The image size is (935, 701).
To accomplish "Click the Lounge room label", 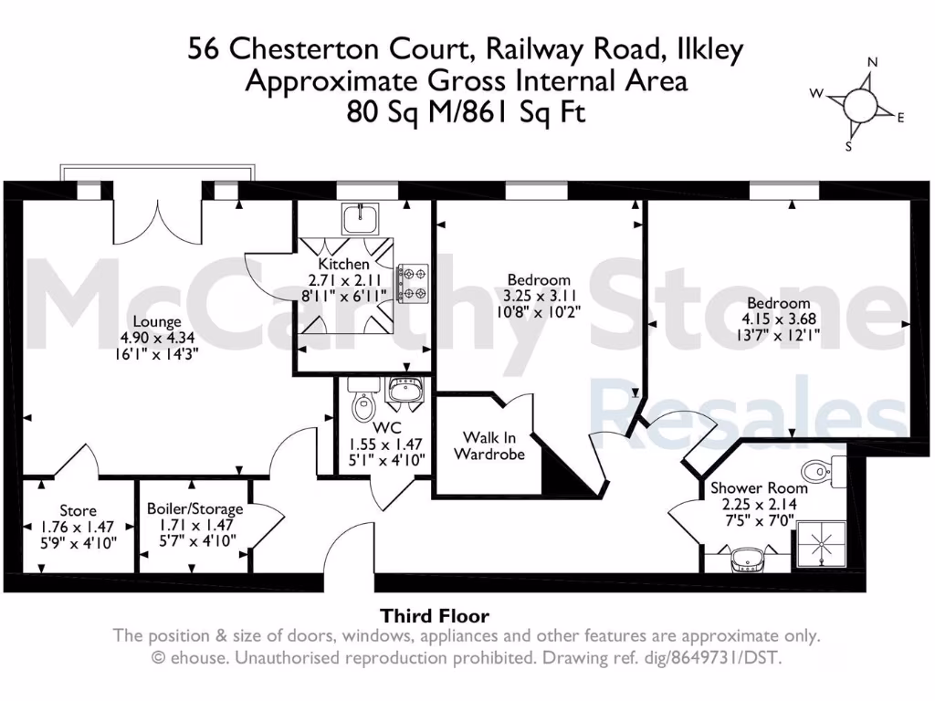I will click(x=157, y=322).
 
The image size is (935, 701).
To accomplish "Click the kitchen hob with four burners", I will click(x=413, y=282).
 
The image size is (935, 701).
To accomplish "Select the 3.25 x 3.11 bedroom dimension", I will click(x=539, y=296).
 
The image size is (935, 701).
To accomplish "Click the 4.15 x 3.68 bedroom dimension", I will click(x=779, y=319).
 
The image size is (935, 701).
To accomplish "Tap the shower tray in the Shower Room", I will click(x=825, y=548).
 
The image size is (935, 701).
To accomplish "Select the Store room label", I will click(x=78, y=510).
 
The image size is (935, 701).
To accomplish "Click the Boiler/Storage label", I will click(x=195, y=509).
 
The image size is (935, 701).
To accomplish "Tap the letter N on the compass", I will click(x=872, y=62).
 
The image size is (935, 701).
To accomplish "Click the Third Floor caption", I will click(x=435, y=616).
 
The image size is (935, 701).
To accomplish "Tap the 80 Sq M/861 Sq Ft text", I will click(x=466, y=113).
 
